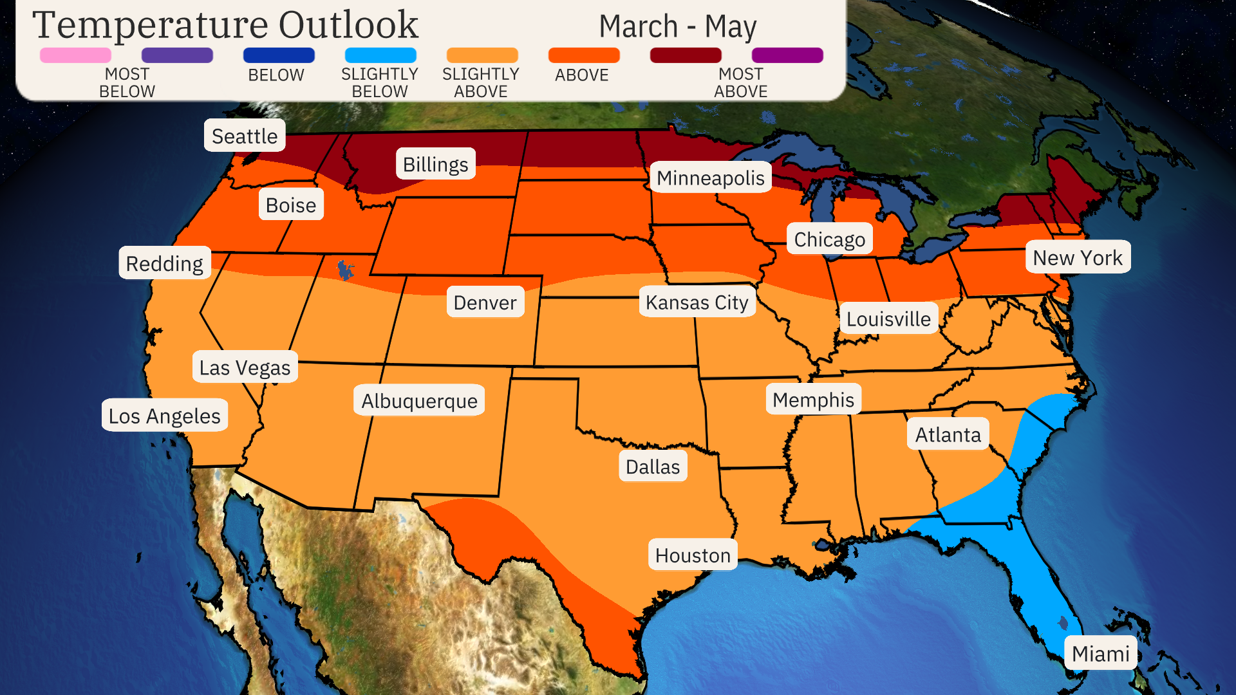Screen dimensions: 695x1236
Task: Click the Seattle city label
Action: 245,136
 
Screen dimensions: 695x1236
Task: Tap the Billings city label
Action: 435,164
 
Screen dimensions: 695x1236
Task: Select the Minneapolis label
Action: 710,178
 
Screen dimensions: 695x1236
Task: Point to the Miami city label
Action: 1100,653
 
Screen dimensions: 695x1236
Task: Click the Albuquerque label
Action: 419,400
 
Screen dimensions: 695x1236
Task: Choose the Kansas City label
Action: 697,302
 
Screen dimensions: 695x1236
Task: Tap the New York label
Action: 1077,257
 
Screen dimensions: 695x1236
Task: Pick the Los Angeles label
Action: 164,416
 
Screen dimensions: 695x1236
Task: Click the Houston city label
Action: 693,555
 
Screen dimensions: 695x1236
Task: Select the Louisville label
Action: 888,319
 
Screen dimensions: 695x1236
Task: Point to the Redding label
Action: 164,263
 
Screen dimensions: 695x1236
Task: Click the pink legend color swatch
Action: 75,55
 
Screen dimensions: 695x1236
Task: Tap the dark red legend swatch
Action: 686,55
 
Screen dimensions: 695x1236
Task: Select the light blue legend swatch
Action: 380,55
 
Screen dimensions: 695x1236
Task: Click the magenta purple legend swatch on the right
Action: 787,55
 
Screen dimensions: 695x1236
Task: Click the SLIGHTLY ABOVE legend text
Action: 480,82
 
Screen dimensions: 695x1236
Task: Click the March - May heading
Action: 677,27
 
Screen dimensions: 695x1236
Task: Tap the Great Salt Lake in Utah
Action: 346,269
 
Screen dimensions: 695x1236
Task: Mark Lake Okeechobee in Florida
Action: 1062,622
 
